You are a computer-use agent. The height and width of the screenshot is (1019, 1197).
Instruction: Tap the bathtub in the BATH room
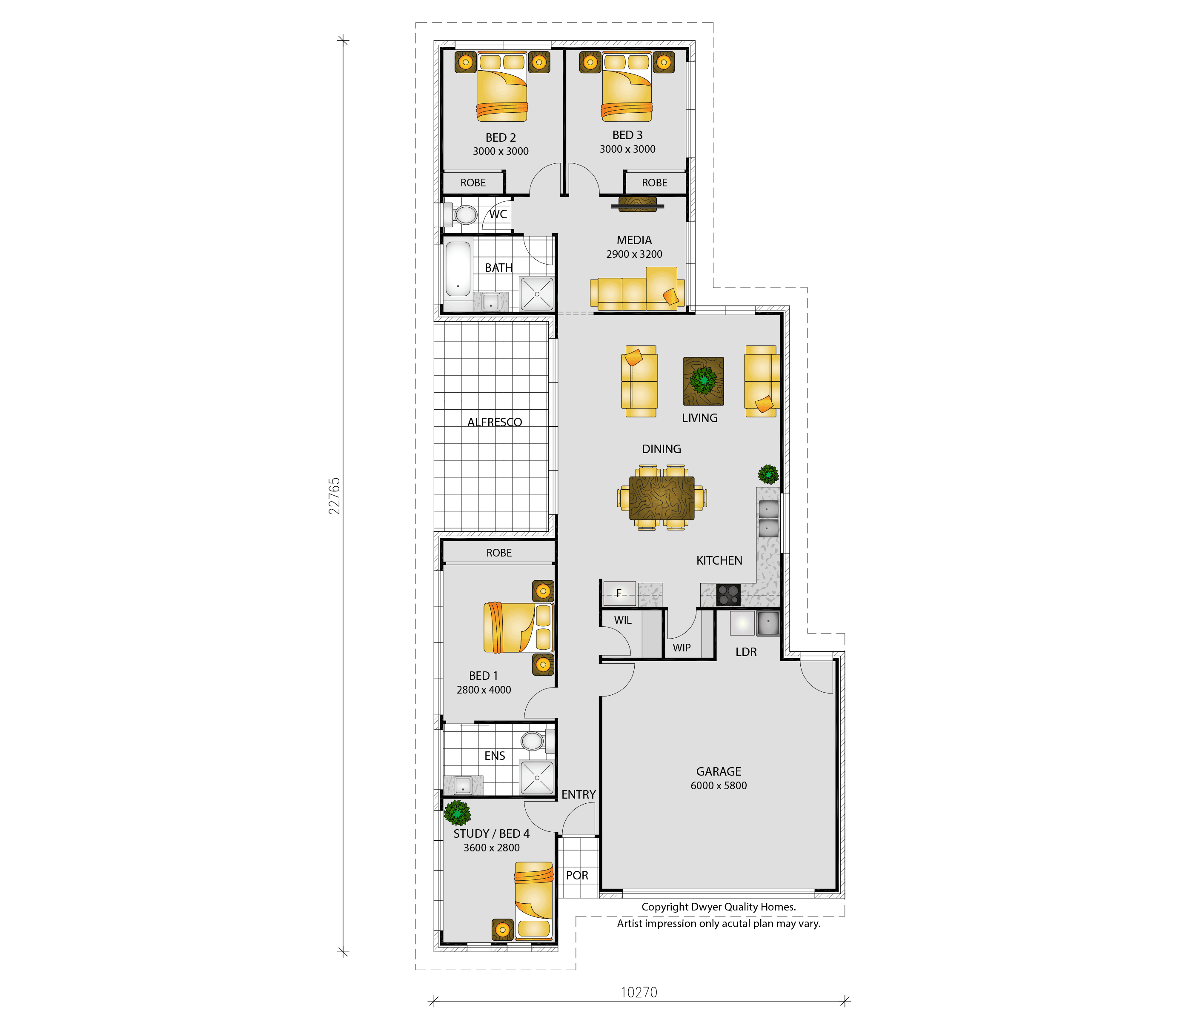(x=458, y=269)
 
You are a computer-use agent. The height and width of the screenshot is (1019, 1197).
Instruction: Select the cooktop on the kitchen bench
(x=728, y=595)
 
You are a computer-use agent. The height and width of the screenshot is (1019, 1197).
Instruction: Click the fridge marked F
(x=619, y=593)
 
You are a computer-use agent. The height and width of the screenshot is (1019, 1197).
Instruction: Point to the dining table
(x=661, y=498)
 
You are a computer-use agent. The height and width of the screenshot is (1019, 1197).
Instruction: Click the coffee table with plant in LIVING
(x=703, y=381)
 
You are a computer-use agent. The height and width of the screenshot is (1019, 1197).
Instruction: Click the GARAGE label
(x=719, y=771)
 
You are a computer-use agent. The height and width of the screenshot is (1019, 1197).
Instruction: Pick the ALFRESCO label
(x=495, y=422)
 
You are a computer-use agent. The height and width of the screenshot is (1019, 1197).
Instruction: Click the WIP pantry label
(x=682, y=648)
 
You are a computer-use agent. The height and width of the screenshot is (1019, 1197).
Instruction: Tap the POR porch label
(x=577, y=875)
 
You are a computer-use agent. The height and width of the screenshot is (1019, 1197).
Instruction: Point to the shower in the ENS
(x=537, y=777)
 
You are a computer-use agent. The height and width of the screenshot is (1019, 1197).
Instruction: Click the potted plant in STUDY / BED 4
(x=458, y=812)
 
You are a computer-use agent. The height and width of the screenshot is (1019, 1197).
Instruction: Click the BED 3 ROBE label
(x=655, y=183)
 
